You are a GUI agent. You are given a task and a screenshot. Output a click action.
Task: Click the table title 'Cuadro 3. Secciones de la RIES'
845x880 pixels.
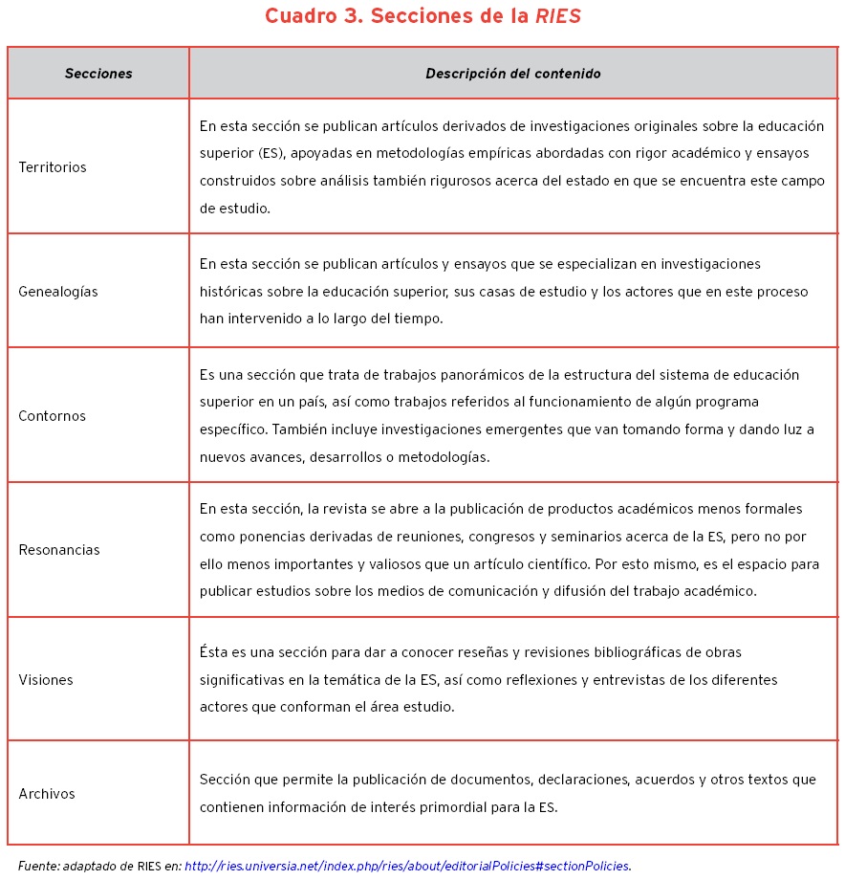pos(422,17)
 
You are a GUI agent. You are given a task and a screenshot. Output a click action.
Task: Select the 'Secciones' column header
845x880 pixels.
pos(98,74)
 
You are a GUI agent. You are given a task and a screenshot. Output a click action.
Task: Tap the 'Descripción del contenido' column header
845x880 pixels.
pos(513,74)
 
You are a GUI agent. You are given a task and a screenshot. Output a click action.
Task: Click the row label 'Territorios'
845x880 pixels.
pos(53,167)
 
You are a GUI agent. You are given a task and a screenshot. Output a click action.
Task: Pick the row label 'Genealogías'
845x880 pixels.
pos(58,292)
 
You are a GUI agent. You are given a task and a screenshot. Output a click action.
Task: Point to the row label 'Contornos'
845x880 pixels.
pos(53,416)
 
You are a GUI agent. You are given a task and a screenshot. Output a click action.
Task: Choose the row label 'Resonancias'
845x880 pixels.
pos(59,550)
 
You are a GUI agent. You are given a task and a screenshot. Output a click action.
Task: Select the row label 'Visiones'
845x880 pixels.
pos(46,680)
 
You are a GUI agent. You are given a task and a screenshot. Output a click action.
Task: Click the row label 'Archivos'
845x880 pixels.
pos(47,794)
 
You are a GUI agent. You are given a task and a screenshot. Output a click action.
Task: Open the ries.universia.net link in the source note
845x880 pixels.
pos(407,867)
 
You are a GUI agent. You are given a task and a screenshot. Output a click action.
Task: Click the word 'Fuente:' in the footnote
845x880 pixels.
pos(38,867)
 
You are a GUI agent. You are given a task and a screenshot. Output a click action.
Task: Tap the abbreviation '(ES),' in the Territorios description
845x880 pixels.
pos(272,153)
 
